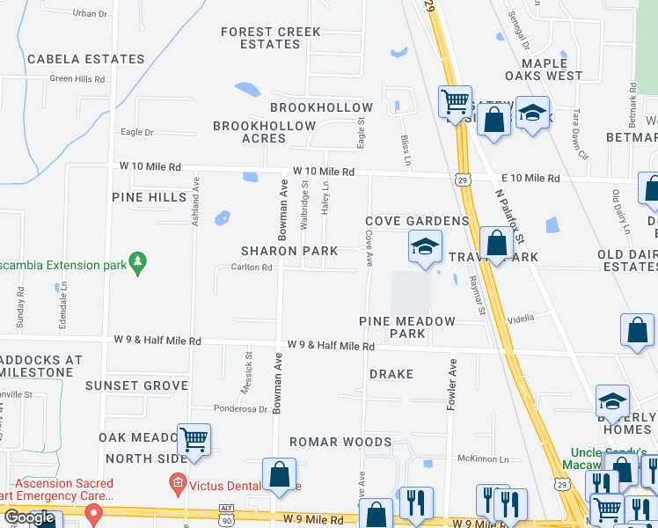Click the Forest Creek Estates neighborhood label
[x=271, y=38]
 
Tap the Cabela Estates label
[x=85, y=59]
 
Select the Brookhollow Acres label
[x=264, y=132]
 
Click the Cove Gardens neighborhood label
[x=417, y=220]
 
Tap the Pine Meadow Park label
[x=407, y=327]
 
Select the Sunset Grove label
[x=136, y=385]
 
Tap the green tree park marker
[x=136, y=261]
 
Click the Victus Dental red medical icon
[x=177, y=482]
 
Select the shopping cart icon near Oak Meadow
[x=194, y=439]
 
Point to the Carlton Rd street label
[x=251, y=267]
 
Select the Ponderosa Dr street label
[x=241, y=408]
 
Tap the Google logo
[x=29, y=517]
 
